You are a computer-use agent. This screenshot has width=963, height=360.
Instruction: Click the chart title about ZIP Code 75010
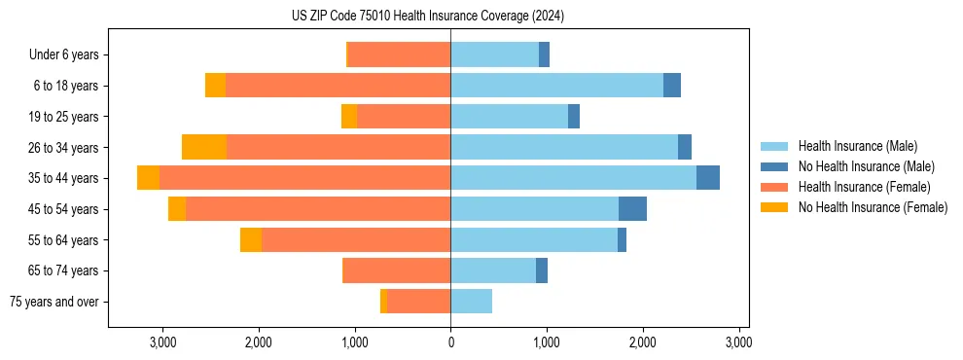(428, 17)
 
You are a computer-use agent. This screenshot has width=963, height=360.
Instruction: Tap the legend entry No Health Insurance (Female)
(873, 207)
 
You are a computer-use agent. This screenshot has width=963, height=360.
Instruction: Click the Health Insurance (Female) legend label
(865, 187)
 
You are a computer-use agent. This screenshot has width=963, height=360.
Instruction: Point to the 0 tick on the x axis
(450, 342)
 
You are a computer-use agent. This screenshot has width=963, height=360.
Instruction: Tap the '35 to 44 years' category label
(63, 178)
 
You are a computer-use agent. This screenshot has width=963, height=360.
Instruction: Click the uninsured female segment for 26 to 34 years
(204, 147)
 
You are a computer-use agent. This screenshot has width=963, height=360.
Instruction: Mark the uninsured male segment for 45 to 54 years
(632, 209)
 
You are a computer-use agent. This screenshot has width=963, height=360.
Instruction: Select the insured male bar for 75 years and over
(471, 302)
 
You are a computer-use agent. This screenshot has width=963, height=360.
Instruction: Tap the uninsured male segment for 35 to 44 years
(708, 178)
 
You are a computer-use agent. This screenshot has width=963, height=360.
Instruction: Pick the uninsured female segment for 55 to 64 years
(251, 240)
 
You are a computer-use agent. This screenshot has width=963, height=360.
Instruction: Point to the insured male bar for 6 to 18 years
(556, 86)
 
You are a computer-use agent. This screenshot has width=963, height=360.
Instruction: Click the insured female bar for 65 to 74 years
(397, 270)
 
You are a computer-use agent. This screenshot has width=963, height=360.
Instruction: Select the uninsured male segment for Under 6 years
(544, 55)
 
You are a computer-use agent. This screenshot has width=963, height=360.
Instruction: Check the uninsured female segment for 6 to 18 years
(215, 86)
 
